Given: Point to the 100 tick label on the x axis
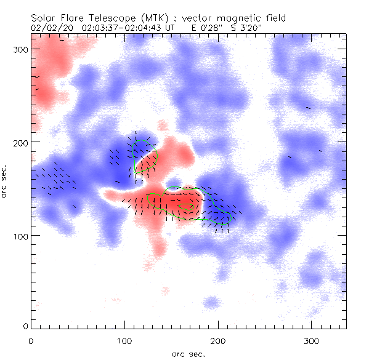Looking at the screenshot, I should (124, 340).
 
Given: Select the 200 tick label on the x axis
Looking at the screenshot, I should (218, 340).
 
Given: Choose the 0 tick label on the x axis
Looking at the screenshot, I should (31, 340).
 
